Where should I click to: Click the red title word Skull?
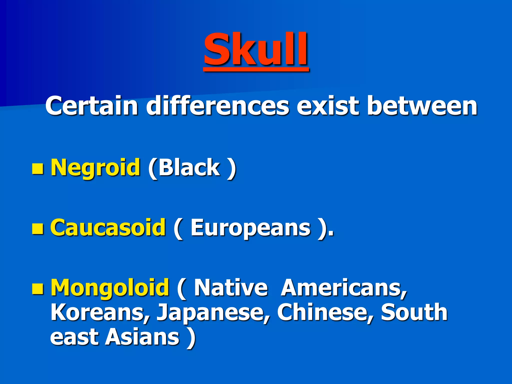click(256, 49)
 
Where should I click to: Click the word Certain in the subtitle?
click(91, 106)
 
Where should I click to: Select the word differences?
click(217, 106)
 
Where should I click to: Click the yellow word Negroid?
click(95, 167)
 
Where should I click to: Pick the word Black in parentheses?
click(189, 167)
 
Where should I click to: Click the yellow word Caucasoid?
click(108, 227)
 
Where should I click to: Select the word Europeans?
click(250, 228)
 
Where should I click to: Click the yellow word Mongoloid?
click(110, 287)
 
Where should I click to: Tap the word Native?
click(230, 287)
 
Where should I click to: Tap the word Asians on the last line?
click(142, 337)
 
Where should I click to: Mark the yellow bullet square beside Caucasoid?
click(38, 229)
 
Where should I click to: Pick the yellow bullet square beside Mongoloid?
click(38, 289)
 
